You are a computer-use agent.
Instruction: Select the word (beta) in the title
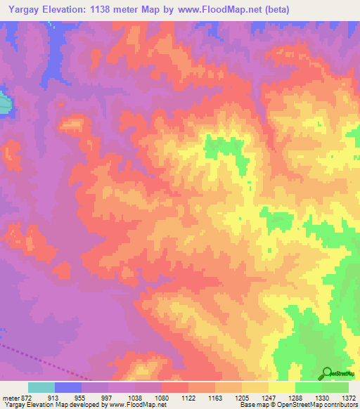pyautogui.click(x=273, y=9)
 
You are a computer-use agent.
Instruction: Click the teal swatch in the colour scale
pyautogui.click(x=41, y=387)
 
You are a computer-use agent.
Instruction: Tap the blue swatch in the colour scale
pyautogui.click(x=68, y=387)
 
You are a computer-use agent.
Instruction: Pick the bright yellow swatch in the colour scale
pyautogui.click(x=282, y=387)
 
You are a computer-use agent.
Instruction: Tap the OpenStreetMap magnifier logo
pyautogui.click(x=327, y=373)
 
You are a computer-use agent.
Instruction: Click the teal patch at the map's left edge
pyautogui.click(x=4, y=105)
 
